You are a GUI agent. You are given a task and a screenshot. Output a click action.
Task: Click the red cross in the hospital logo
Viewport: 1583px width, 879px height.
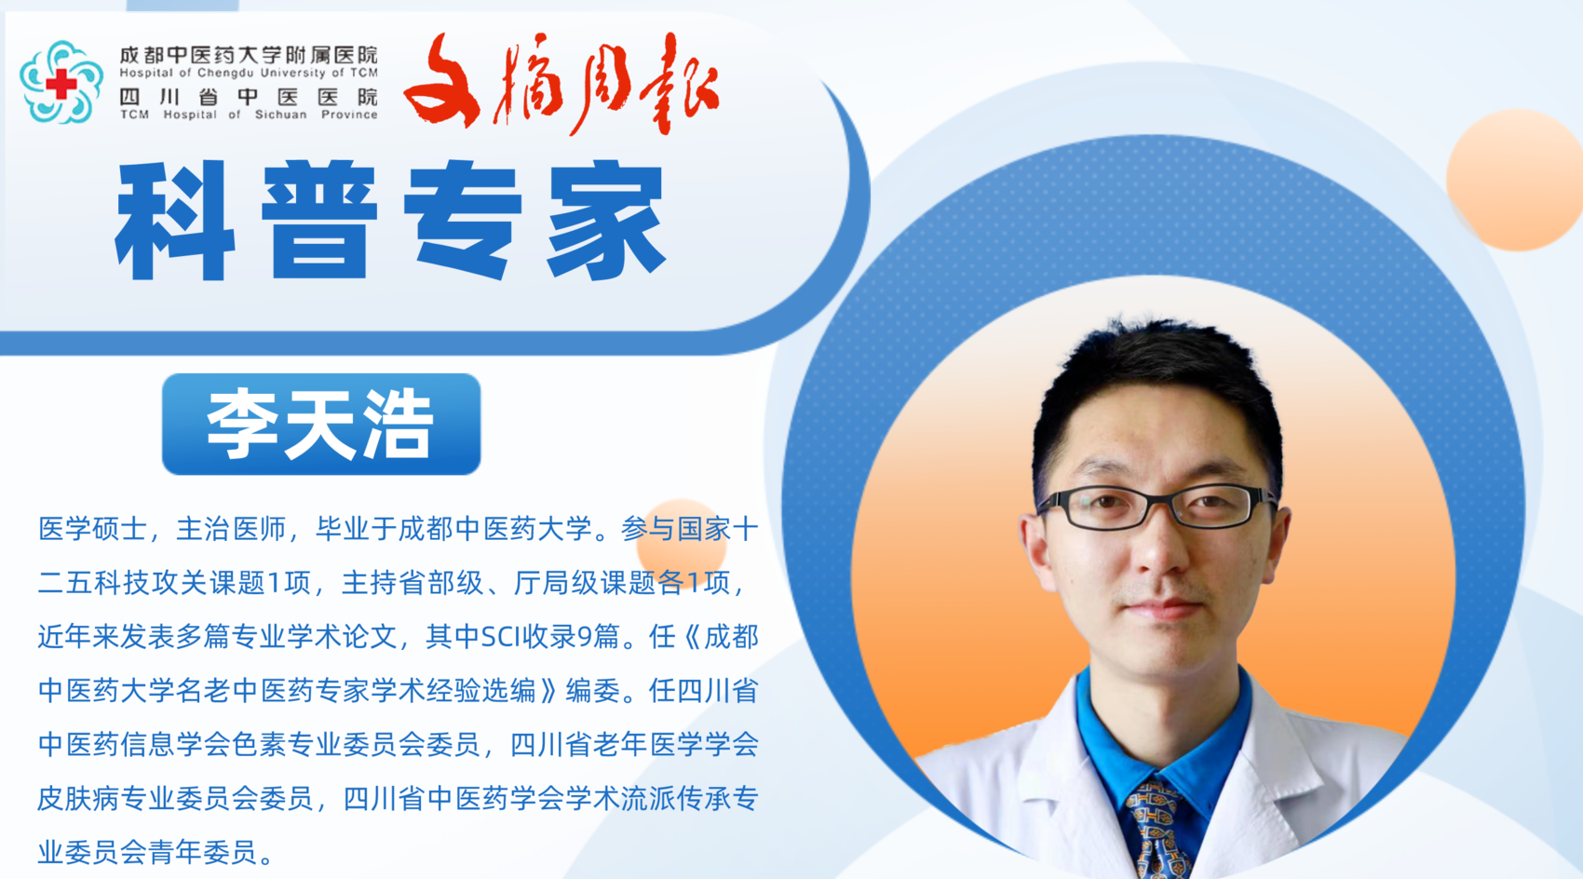coord(61,84)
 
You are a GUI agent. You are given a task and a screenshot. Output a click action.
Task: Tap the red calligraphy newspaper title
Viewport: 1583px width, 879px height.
coord(561,83)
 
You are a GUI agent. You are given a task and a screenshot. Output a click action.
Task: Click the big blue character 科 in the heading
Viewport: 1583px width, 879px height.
coord(175,221)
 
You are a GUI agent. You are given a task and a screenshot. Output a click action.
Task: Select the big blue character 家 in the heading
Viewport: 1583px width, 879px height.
coord(606,221)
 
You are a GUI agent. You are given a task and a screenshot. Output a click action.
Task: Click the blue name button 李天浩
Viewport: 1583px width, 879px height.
coord(321,424)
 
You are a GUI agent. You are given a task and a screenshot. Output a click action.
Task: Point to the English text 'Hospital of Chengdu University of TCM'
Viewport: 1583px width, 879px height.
coord(248,73)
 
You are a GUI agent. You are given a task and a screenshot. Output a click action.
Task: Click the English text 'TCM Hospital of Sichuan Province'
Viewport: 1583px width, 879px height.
coord(248,115)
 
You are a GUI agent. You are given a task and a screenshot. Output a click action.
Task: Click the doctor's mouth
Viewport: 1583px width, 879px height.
coord(1163,606)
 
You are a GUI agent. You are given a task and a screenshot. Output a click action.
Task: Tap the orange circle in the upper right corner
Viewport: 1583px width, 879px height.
coord(1515,180)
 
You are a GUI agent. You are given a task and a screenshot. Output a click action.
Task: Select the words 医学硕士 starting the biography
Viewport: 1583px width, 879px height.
coord(92,529)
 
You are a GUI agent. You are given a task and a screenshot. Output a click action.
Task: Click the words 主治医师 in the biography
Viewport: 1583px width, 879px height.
coord(230,529)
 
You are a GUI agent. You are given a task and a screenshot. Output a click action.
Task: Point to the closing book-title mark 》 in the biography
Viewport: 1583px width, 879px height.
coord(549,690)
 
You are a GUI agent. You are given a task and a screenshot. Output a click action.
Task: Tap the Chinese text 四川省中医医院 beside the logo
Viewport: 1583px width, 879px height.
coord(248,96)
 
